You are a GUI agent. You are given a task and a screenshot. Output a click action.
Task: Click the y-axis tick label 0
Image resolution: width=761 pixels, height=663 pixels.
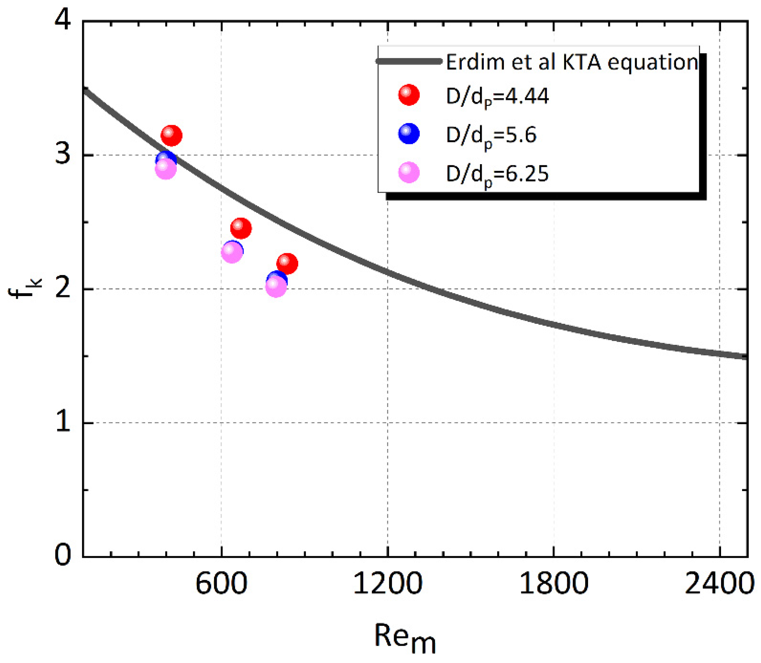point(63,555)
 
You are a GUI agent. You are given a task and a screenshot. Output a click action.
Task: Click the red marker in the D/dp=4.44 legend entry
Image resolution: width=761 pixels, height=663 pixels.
point(408,95)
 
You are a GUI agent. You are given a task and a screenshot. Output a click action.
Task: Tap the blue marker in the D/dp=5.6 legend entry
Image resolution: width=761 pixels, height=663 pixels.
point(408,134)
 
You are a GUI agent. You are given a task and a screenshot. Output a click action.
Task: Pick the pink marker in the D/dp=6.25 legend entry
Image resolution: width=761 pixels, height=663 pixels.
point(408,172)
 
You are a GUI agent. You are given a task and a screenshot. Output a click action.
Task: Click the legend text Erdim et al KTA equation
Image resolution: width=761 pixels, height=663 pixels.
point(572,62)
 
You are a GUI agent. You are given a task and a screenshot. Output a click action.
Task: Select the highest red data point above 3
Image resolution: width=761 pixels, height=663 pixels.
point(171,136)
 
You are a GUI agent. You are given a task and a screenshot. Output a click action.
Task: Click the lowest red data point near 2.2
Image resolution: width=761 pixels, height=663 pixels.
point(287,264)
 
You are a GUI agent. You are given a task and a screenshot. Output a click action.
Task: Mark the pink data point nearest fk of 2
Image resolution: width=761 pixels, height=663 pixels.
point(276,287)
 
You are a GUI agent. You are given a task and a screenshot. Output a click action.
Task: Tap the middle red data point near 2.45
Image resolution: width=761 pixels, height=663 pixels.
point(241,228)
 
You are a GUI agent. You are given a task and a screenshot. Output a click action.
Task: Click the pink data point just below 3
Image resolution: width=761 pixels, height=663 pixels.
point(166,169)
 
